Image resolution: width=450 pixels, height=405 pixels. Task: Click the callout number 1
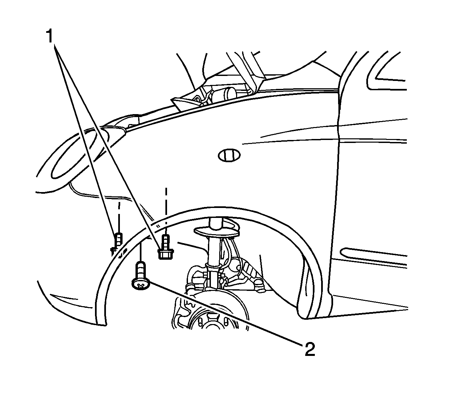click(x=49, y=36)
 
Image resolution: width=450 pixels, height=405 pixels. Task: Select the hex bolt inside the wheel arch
click(x=166, y=247)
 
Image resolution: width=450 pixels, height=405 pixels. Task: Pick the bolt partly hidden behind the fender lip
click(x=118, y=243)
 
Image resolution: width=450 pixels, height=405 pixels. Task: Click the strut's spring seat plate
click(x=217, y=231)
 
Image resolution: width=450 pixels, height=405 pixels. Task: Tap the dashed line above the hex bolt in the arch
click(x=166, y=207)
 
